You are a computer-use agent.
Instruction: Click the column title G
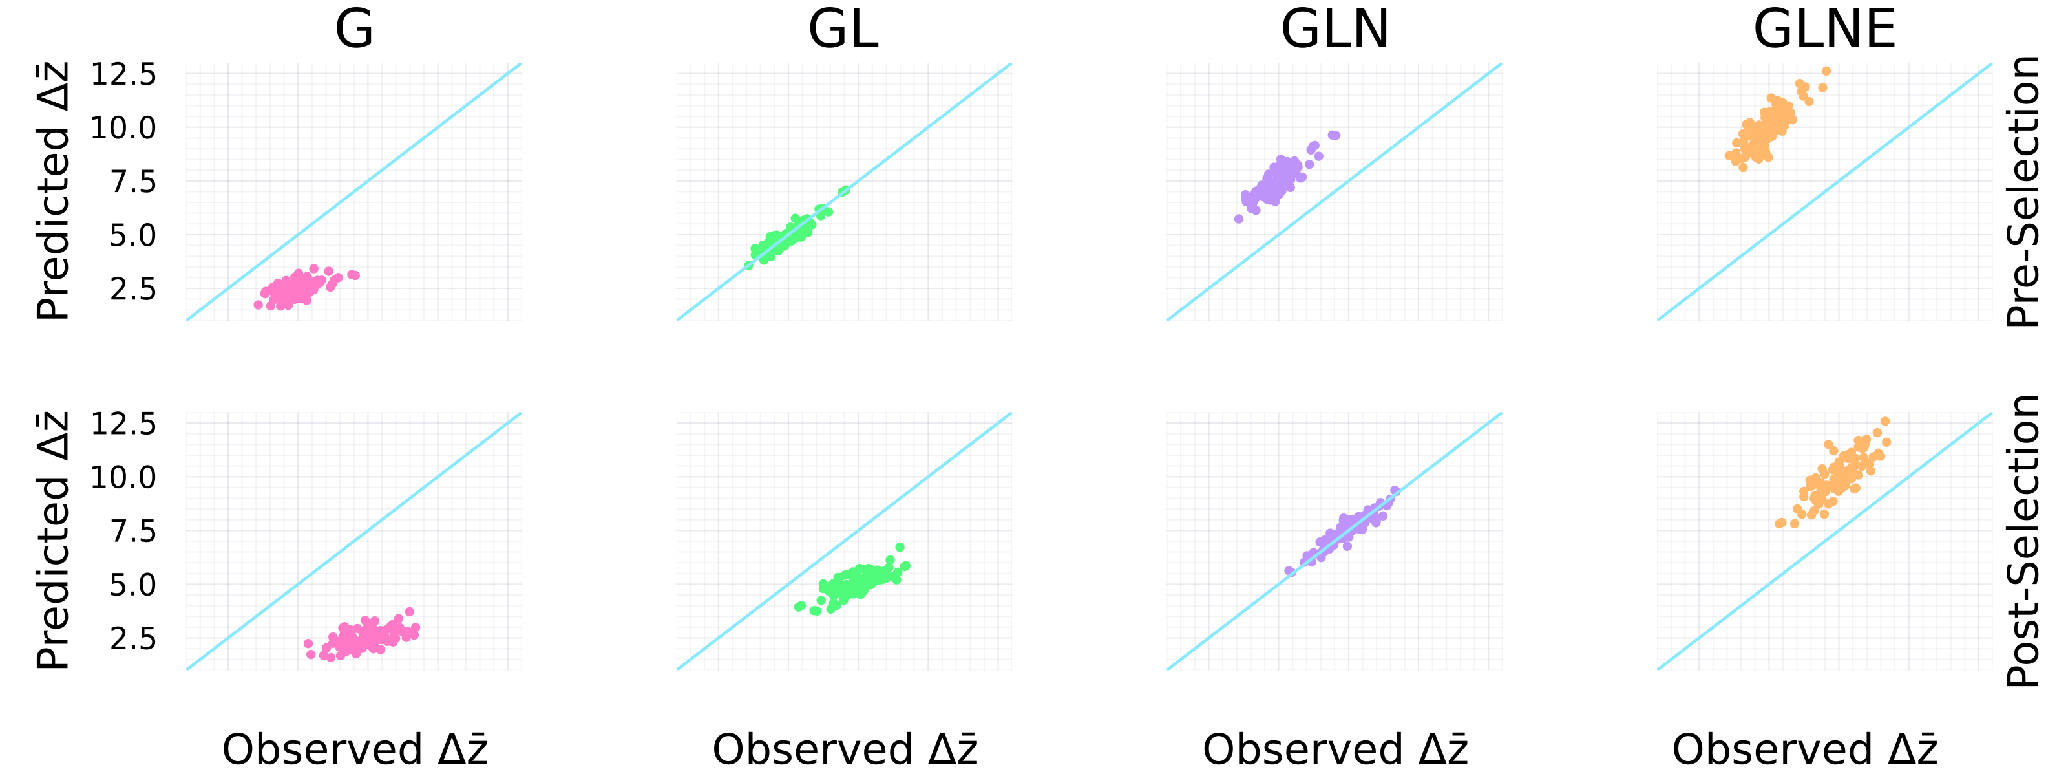pos(354,30)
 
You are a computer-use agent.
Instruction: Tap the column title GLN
pos(1335,30)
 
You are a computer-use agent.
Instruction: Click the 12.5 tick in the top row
pos(123,74)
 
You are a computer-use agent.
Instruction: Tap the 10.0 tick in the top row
pos(123,127)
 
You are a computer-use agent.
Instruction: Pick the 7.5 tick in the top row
pos(133,182)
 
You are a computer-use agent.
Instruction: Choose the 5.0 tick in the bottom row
pos(133,585)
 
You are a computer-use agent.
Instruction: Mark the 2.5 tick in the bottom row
pos(133,639)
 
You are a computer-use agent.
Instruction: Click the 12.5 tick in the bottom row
pos(123,424)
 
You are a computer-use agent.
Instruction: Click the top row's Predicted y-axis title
pos(54,191)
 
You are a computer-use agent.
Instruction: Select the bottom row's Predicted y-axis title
pos(54,541)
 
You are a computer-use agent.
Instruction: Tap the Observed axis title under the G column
pos(354,749)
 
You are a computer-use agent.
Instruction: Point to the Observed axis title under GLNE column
pos(1805,749)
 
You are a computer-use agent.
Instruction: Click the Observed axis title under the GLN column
pos(1335,749)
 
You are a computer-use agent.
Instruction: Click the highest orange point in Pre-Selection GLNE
pos(1826,70)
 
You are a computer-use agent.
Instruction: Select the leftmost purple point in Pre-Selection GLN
pos(1239,219)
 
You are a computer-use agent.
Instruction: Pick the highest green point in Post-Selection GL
pos(900,547)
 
